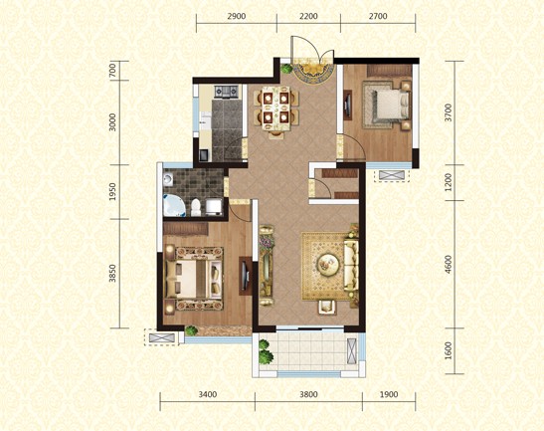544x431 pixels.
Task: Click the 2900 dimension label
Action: (236, 18)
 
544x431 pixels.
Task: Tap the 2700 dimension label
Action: (379, 18)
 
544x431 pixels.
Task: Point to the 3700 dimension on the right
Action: (449, 112)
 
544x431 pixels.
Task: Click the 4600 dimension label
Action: (449, 265)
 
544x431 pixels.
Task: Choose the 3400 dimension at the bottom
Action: (207, 395)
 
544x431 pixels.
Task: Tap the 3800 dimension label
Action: (308, 395)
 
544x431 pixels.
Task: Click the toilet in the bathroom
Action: (199, 206)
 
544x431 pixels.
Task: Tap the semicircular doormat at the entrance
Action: (310, 74)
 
